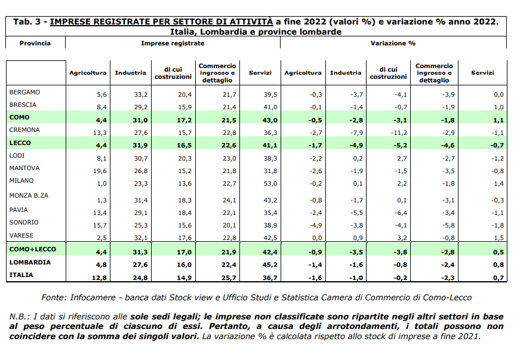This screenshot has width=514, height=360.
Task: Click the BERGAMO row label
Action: (24, 92)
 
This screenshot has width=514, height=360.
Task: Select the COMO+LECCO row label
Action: (33, 249)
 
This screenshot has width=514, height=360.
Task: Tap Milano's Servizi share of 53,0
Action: (270, 183)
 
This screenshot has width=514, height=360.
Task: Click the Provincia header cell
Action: (35, 43)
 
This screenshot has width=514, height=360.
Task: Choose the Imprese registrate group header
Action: (173, 43)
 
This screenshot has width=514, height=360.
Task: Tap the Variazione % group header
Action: (393, 43)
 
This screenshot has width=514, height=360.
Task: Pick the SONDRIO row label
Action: (24, 222)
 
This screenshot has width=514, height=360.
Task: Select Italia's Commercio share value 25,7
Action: (229, 278)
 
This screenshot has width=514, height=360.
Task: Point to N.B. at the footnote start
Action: (19, 317)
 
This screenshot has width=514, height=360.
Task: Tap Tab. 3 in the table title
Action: (27, 22)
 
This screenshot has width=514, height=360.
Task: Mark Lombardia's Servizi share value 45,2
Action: (270, 264)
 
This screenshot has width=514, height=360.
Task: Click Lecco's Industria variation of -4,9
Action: (356, 145)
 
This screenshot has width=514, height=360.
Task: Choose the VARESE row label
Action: (21, 235)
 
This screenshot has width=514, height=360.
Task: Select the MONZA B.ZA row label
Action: (29, 195)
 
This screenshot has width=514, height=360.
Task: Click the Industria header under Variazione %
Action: (346, 73)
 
